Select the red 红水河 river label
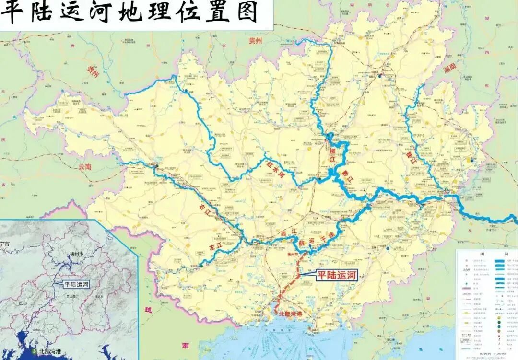(273, 169)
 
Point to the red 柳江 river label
(332, 156)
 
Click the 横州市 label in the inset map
(74, 253)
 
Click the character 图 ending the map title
(247, 12)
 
